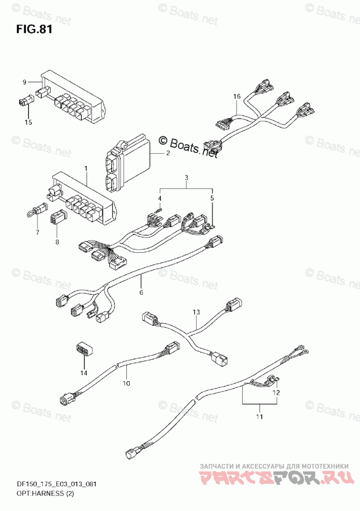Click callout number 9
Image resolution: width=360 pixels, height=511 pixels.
tap(24, 82)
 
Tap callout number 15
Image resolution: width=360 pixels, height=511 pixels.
tap(28, 123)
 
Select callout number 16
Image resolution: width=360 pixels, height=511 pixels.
tap(236, 97)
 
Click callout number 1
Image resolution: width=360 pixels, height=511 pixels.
tap(86, 169)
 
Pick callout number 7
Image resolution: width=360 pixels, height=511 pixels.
tap(37, 233)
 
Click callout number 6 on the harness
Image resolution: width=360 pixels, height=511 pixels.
tap(140, 293)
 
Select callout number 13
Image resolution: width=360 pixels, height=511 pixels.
tap(196, 312)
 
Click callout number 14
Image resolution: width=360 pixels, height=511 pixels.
tap(84, 372)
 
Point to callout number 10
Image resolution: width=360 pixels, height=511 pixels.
tap(126, 383)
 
